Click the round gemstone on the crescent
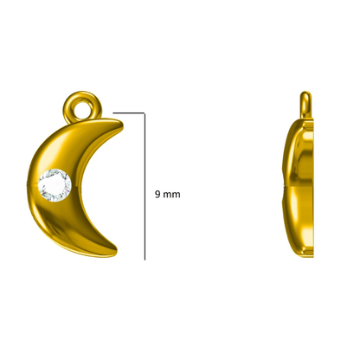point(55,185)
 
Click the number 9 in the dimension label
point(157,194)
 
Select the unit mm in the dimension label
point(171,195)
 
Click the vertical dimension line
point(145,186)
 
